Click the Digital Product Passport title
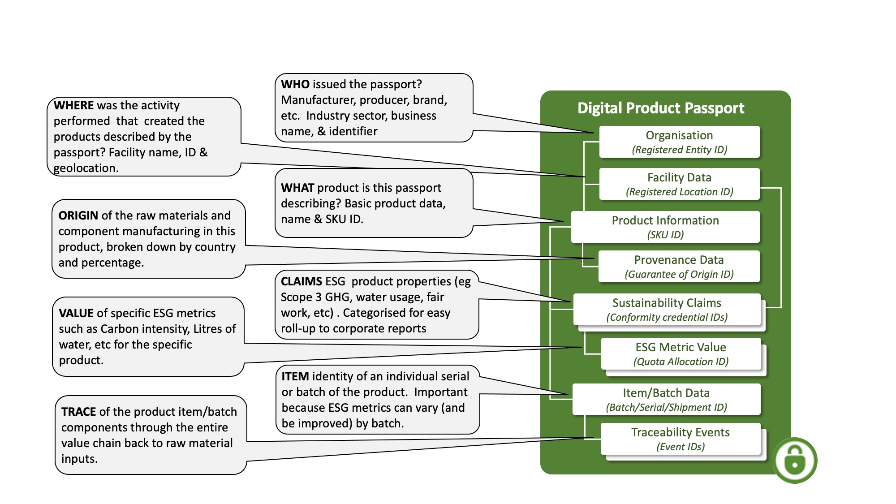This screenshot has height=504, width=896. pos(660,108)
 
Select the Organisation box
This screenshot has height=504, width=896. pos(679,142)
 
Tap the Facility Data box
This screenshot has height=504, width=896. pos(679,184)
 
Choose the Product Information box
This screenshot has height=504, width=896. pos(665,227)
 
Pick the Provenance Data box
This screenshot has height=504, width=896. pos(679,266)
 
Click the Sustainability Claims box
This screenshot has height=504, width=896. pos(667,309)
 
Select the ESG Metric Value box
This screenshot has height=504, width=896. pos(681,353)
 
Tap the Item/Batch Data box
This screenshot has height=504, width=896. pos(666,399)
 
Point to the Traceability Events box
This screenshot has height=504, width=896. pos(680,439)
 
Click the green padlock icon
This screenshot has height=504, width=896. pos(795,461)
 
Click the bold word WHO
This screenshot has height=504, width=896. pos(295,84)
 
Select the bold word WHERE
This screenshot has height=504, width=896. pos(73,105)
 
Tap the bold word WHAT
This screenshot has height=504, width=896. pos(297,188)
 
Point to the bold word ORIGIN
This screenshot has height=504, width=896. pos(78,215)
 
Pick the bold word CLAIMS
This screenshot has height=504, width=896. pos(301,281)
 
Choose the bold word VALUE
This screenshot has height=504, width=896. pos(76,313)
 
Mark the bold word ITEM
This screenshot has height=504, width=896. pos(295,376)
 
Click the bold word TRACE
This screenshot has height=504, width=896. pos(78,412)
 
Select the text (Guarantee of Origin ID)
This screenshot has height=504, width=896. pos(679,274)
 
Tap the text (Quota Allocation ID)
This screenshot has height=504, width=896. pos(681,362)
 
